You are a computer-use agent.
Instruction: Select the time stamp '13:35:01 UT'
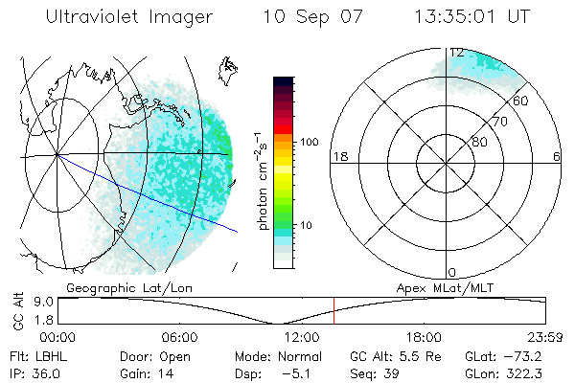(471, 17)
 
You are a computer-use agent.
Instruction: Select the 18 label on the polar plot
(339, 156)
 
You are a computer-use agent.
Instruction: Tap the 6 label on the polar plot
(557, 156)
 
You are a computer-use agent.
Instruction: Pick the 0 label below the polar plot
(452, 273)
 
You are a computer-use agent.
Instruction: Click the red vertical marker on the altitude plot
(333, 310)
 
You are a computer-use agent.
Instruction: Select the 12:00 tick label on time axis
(302, 337)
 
